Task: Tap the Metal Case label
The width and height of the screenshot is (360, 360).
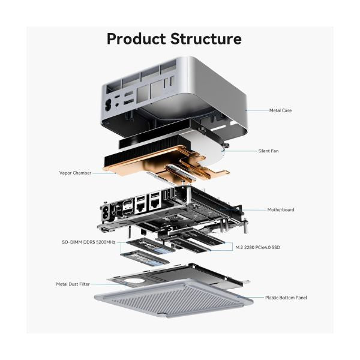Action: [280, 110]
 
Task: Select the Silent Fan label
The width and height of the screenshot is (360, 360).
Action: [268, 151]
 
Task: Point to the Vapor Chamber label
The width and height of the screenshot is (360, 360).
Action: [75, 173]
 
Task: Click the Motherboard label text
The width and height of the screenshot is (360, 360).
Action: [280, 210]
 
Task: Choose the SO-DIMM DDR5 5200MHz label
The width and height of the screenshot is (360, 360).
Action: [88, 242]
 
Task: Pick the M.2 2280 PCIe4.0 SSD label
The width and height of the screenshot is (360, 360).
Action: [257, 247]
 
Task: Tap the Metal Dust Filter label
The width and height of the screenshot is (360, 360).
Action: [74, 284]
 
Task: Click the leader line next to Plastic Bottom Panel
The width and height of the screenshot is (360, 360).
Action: [249, 297]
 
